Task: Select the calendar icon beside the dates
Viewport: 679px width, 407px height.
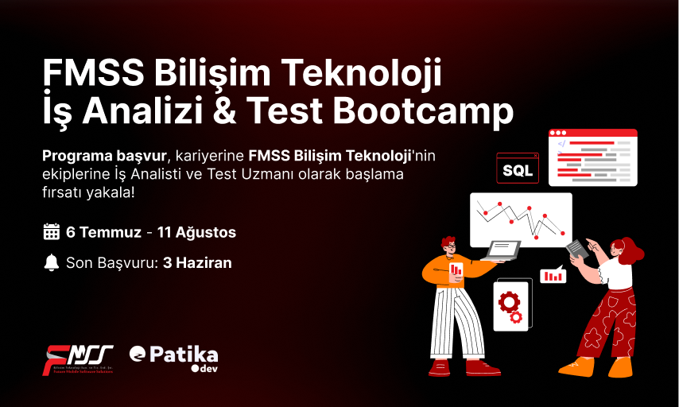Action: [51, 232]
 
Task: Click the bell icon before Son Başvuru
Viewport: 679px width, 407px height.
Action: [51, 262]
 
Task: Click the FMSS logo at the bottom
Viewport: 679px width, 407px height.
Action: [78, 359]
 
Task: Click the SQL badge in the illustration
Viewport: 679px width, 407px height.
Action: [518, 169]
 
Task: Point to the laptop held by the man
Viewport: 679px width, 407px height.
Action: [502, 250]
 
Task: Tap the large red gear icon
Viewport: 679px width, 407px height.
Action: [508, 301]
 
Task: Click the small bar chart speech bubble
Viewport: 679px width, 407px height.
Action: [553, 276]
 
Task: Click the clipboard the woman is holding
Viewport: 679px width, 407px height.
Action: [578, 249]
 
